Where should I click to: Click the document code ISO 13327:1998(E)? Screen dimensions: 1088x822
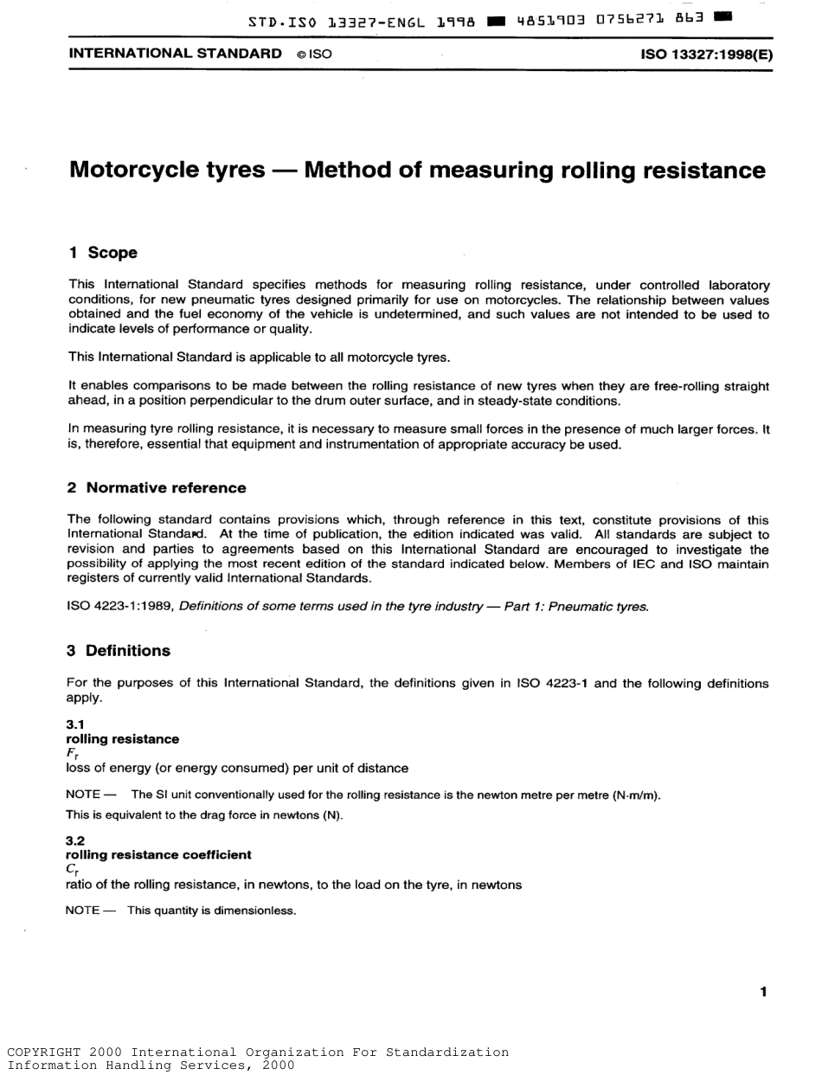pos(706,54)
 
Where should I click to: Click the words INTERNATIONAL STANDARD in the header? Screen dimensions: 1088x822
pos(170,54)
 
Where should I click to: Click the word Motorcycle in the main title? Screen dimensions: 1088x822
pos(166,170)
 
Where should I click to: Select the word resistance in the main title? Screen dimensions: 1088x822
pos(703,170)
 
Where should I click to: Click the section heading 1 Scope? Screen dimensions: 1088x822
pos(103,253)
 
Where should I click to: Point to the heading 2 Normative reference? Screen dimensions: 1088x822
pos(157,488)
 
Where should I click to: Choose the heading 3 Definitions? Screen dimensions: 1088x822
pos(119,651)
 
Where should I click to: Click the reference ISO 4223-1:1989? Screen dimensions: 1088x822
pos(120,608)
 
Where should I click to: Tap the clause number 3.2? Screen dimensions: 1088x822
pos(75,840)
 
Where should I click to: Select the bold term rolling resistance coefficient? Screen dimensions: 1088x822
pos(158,855)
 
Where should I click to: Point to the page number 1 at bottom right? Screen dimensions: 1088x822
pos(762,992)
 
